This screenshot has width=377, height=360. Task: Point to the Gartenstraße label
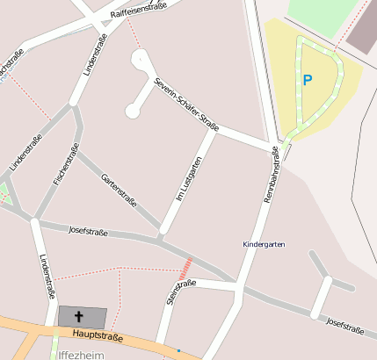(119, 188)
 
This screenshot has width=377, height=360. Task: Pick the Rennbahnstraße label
(271, 175)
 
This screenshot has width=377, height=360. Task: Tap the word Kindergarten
(264, 243)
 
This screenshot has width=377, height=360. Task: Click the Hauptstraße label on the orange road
(98, 335)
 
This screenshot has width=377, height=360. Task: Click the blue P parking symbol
(307, 80)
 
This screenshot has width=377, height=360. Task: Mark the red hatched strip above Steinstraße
(185, 269)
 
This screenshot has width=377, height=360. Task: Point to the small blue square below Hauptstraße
(178, 350)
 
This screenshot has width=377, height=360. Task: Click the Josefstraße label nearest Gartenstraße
(88, 232)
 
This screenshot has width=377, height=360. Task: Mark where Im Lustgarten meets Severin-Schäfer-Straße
(214, 130)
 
